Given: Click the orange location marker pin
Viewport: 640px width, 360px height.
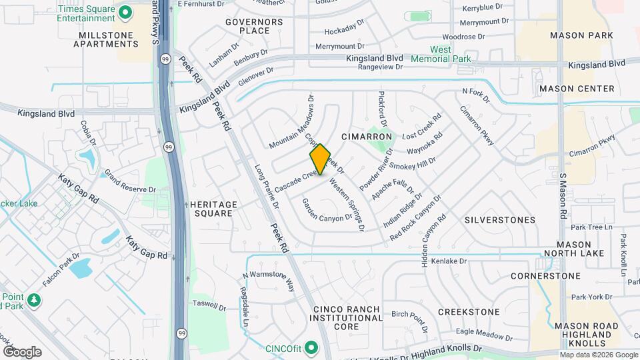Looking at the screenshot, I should click(320, 159).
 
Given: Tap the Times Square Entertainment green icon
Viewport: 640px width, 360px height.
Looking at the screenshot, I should click(124, 13).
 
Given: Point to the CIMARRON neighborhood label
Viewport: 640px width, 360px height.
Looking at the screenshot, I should click(366, 137).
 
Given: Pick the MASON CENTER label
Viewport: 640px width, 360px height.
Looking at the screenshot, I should click(577, 89).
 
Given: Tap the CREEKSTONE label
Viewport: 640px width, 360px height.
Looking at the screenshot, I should click(469, 312).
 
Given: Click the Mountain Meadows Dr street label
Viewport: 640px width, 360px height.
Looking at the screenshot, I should click(291, 122).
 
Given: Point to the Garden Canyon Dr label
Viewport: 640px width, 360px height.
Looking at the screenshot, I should click(327, 210).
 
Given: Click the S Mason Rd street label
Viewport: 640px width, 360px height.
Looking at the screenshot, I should click(563, 197).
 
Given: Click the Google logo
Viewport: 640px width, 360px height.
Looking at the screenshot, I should click(22, 351).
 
